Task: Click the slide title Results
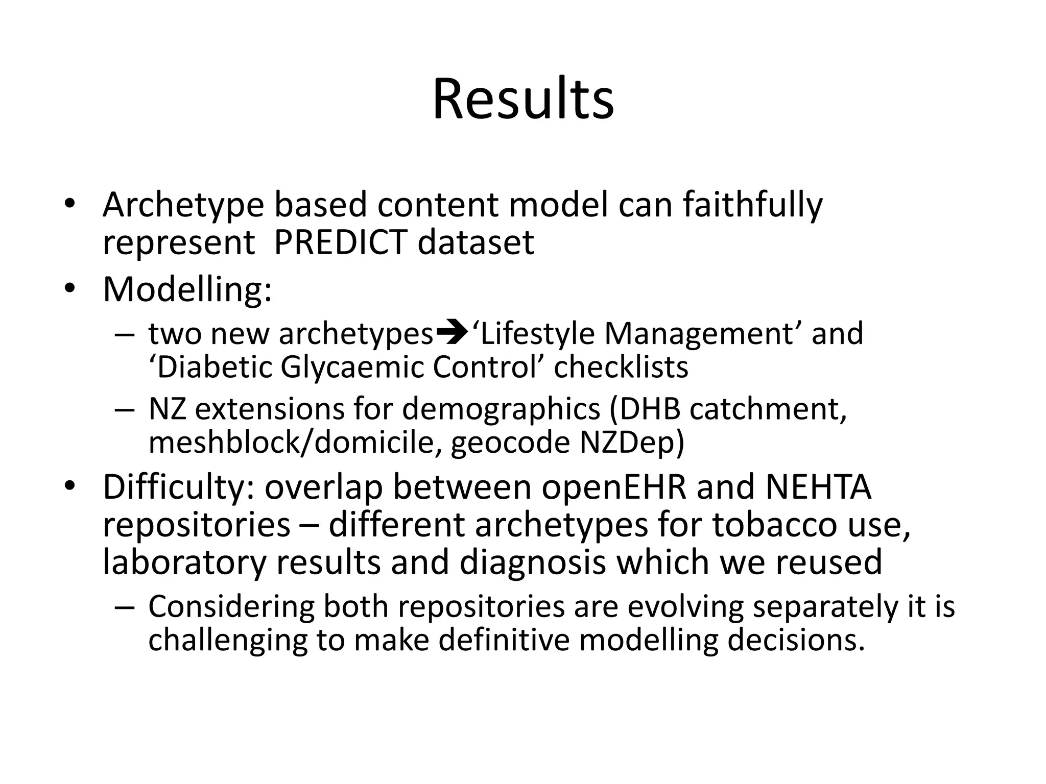tap(523, 99)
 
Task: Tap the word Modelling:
tap(187, 289)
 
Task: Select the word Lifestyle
tap(534, 334)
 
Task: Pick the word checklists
tap(621, 367)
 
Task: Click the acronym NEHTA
tap(818, 487)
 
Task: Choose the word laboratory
tap(184, 562)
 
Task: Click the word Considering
tap(231, 607)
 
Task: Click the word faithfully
tap(753, 205)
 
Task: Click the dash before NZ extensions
tap(124, 410)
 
